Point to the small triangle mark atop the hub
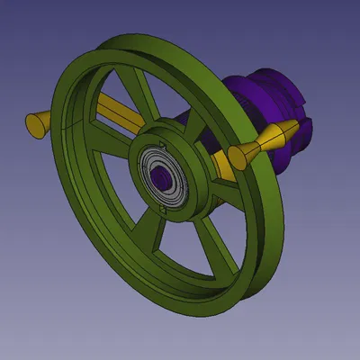click(x=160, y=142)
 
